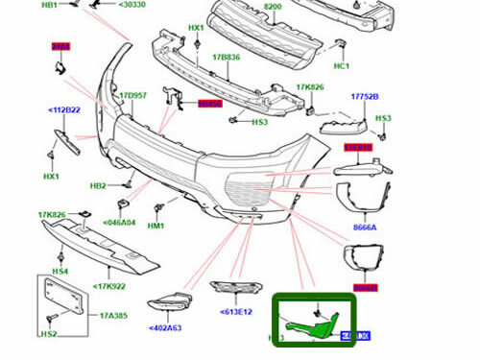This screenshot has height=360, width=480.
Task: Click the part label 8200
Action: click(273, 7)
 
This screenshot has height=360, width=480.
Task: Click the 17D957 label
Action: click(132, 96)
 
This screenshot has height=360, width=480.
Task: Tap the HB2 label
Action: click(98, 186)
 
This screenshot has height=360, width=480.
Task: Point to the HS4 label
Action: click(60, 272)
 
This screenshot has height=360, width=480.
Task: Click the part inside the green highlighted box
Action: click(317, 324)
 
